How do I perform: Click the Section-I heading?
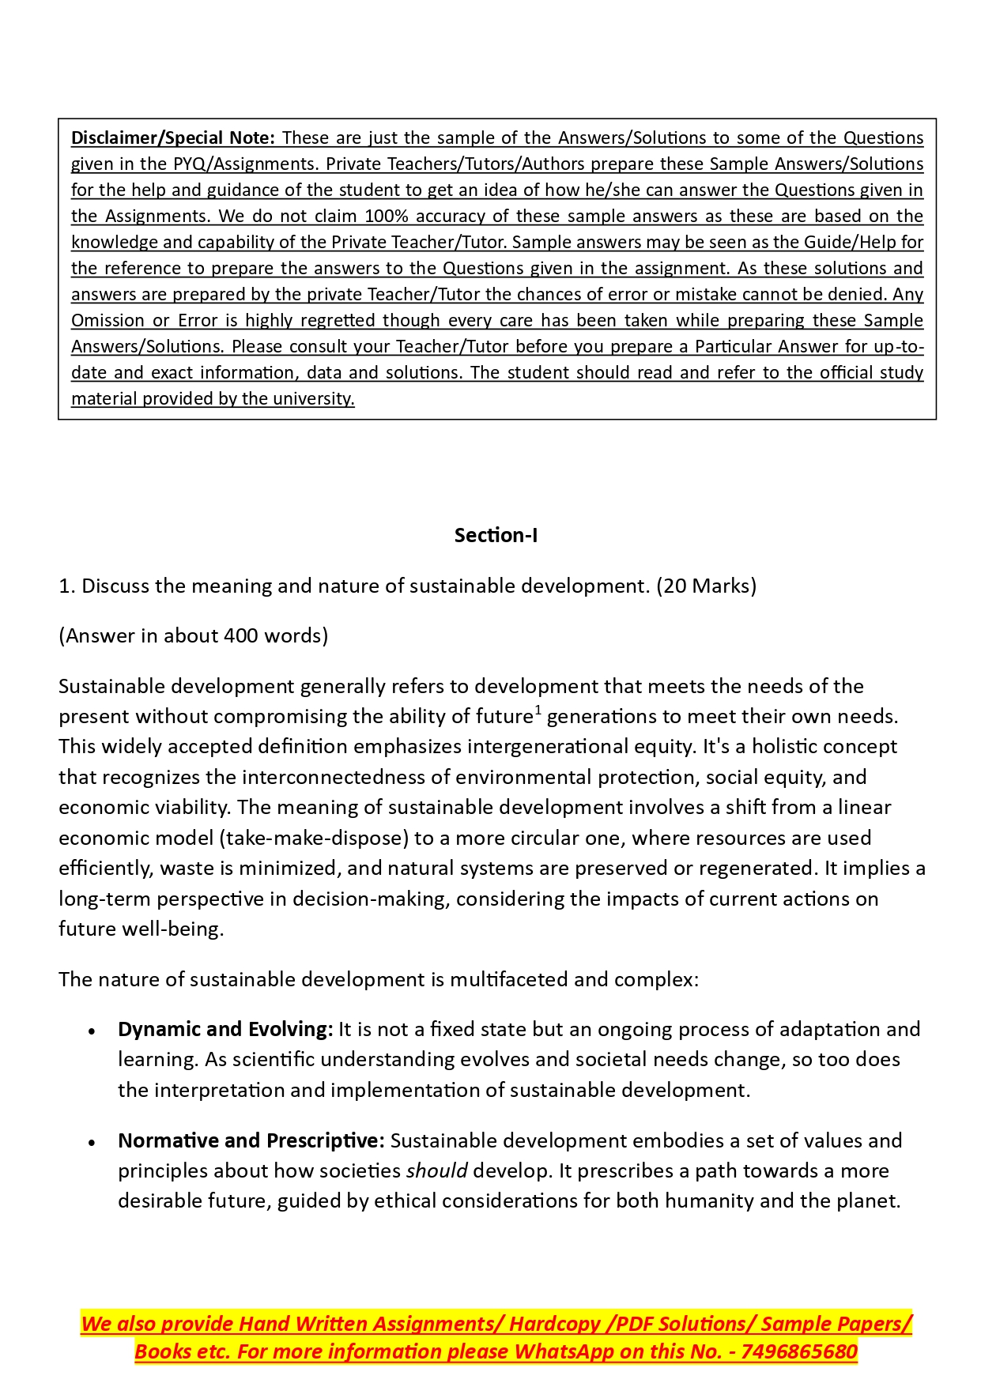pos(496,535)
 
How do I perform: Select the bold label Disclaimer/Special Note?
pos(173,138)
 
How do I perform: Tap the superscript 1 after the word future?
pos(538,710)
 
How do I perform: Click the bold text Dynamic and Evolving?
pos(225,1029)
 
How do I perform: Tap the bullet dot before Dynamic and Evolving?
pos(92,1031)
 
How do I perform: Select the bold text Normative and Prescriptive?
pos(251,1140)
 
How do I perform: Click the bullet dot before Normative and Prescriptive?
pos(92,1143)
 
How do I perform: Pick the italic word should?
pos(436,1170)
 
